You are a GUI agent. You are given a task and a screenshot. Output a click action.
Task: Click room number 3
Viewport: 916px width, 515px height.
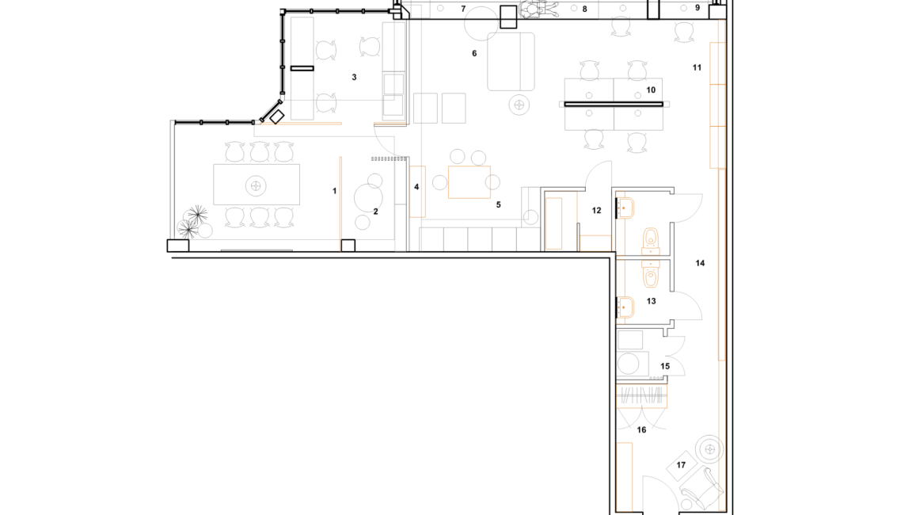click(354, 77)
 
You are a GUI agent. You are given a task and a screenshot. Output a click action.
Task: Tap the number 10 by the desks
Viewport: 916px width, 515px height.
click(651, 90)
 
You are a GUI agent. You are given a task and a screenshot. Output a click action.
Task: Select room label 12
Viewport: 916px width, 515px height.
click(596, 211)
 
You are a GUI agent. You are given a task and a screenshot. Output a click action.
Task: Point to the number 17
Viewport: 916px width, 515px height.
click(681, 465)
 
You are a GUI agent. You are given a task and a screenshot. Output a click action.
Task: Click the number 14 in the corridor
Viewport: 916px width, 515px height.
click(700, 263)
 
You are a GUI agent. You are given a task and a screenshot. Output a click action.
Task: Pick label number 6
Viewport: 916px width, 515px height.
click(474, 53)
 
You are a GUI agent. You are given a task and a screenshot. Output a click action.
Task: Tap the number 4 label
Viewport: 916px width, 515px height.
click(416, 187)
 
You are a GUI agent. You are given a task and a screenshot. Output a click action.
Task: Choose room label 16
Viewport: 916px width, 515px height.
click(641, 429)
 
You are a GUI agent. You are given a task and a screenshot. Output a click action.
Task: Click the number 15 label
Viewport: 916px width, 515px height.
click(665, 367)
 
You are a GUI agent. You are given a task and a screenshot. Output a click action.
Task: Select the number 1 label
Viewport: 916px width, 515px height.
click(335, 191)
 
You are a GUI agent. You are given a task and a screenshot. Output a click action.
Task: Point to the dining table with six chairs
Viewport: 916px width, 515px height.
click(257, 185)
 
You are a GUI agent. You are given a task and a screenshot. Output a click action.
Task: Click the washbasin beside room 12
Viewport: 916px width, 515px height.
click(625, 208)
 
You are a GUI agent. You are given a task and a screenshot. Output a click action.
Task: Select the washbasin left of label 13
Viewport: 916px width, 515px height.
click(625, 307)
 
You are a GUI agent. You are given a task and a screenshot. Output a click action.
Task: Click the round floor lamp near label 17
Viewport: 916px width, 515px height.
click(710, 449)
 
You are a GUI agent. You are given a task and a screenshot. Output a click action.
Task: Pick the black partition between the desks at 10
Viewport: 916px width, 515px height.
click(614, 105)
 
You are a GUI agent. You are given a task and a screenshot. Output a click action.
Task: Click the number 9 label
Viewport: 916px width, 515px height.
click(697, 8)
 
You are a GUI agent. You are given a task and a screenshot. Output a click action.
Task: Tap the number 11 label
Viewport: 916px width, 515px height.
click(697, 68)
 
